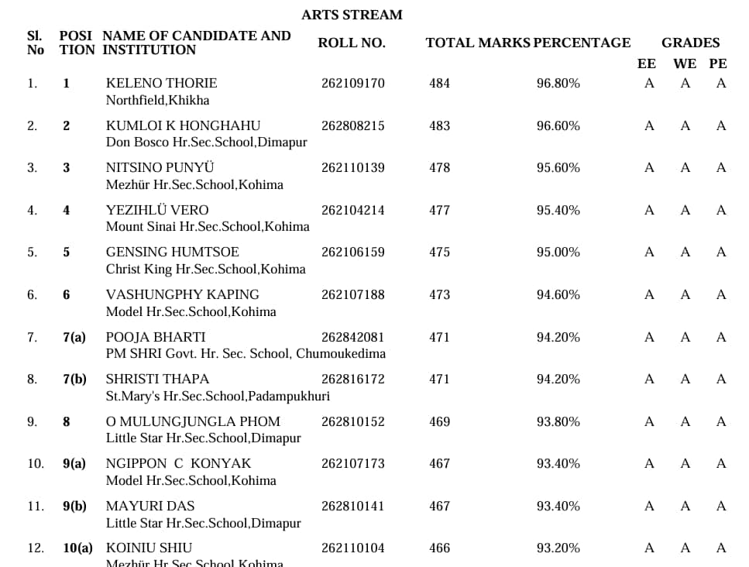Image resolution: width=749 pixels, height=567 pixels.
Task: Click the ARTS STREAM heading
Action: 352,15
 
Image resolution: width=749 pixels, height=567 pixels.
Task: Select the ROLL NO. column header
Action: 351,43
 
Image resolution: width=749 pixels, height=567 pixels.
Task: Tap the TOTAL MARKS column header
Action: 477,43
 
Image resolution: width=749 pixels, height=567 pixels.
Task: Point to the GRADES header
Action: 690,43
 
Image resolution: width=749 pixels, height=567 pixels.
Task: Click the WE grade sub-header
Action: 685,64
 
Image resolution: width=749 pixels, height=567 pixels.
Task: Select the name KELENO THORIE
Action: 161,84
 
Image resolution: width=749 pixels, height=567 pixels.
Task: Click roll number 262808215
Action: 352,125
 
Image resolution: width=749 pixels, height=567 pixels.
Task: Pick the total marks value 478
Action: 439,168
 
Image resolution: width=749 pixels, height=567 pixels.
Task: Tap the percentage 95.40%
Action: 558,210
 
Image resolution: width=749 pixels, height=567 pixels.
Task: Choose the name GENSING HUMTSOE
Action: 173,253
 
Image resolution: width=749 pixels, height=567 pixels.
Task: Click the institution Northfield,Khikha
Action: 157,100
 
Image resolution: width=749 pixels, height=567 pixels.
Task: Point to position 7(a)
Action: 74,337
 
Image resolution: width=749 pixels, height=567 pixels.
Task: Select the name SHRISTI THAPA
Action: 157,380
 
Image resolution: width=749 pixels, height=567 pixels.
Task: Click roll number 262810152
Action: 352,421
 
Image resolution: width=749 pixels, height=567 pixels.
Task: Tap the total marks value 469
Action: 439,421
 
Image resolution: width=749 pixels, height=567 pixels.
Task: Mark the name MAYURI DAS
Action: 139,506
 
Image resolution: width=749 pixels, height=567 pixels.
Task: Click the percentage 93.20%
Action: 558,548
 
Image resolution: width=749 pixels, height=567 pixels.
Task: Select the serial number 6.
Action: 32,294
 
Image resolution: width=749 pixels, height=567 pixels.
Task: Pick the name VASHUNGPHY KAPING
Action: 183,294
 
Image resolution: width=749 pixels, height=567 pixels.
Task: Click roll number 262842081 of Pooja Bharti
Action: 352,337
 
